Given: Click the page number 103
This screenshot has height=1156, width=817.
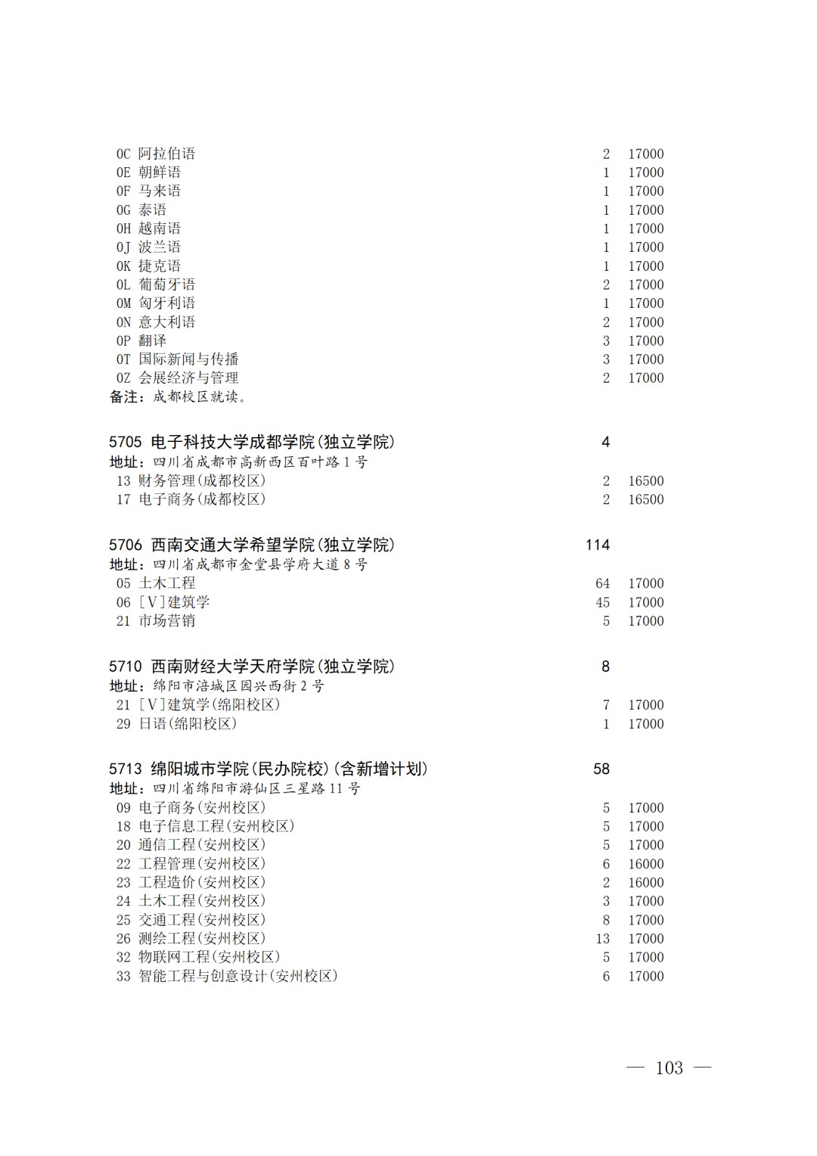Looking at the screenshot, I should tap(669, 1067).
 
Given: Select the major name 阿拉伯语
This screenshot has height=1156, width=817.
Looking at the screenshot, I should tap(166, 154).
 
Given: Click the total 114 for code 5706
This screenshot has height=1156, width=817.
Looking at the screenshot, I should tap(597, 545).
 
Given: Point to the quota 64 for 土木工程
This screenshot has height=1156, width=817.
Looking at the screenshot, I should tap(602, 583).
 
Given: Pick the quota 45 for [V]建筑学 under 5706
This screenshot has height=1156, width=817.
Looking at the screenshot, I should tap(602, 602).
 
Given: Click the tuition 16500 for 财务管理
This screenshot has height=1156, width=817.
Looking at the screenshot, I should tap(645, 481).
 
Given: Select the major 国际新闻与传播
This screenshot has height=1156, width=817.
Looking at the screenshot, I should tap(188, 359).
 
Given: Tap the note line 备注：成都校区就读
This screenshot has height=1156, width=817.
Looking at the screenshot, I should tap(178, 396).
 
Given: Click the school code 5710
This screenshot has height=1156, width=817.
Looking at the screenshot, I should tap(125, 667).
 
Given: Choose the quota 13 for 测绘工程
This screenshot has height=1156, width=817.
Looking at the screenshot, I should tap(602, 939).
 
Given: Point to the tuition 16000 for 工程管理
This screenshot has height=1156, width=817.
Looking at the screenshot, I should tap(645, 864).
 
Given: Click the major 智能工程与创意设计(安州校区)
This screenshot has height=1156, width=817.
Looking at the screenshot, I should tap(238, 976).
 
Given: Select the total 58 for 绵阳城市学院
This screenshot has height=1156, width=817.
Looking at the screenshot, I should tap(601, 769).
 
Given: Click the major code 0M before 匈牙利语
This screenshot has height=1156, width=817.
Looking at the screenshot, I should tap(123, 303).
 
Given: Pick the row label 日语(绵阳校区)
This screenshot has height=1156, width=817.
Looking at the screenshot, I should tap(188, 724).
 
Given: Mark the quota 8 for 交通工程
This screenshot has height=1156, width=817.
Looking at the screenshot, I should tap(606, 920).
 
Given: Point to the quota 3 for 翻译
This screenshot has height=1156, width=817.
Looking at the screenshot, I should tap(606, 341).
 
